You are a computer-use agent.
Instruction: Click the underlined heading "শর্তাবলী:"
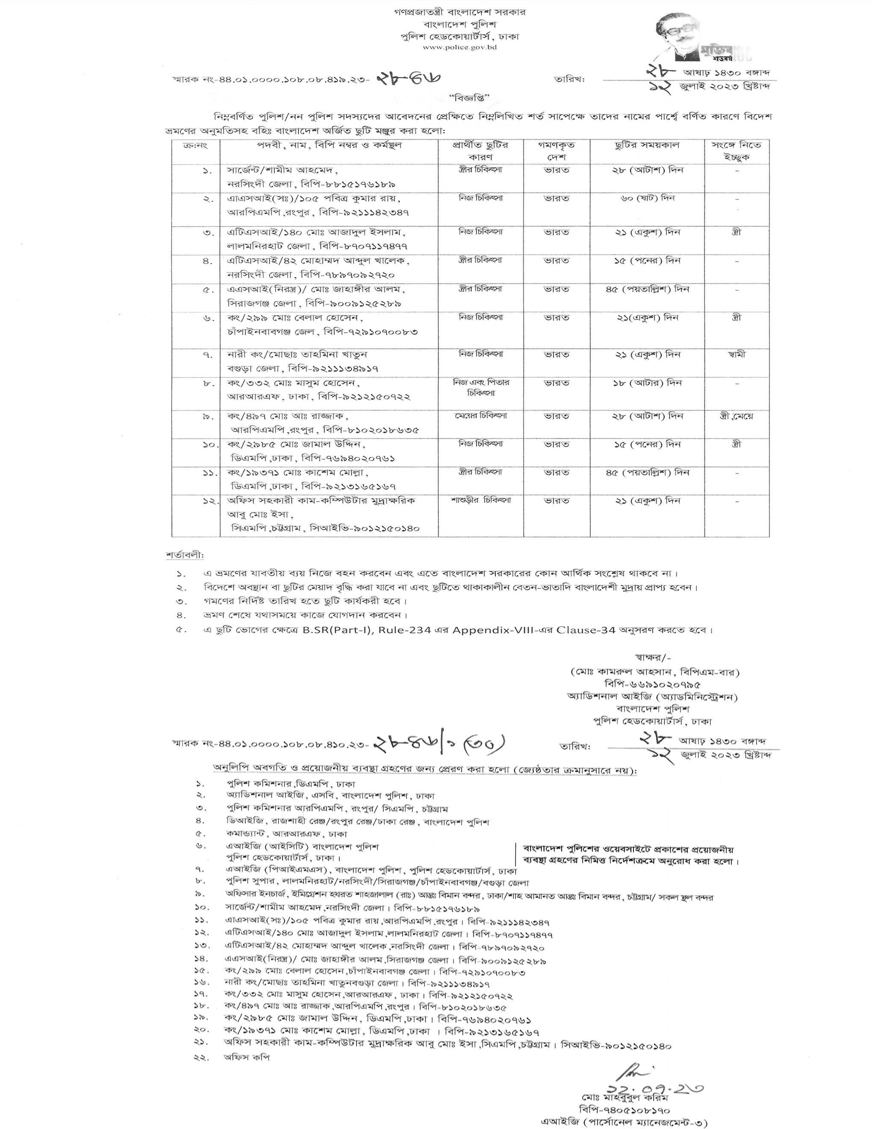tap(184, 555)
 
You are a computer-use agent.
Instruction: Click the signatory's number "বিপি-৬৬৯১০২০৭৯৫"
tap(654, 683)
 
